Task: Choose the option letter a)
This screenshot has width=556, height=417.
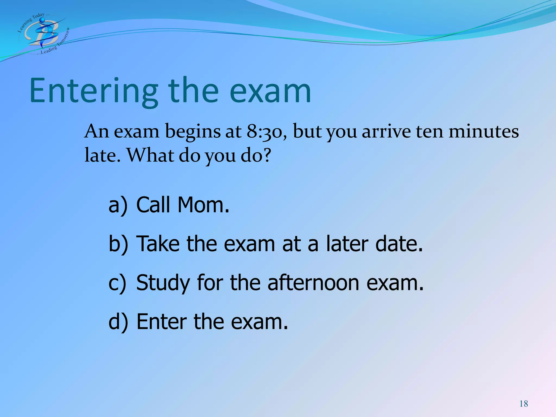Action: coord(118,205)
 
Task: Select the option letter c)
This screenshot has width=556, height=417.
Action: coord(117,283)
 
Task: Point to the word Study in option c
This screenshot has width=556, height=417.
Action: coord(163,283)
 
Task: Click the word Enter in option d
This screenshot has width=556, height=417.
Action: coord(162,322)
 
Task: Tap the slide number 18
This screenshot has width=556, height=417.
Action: coord(524,404)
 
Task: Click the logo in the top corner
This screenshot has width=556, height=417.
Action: coord(43,34)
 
